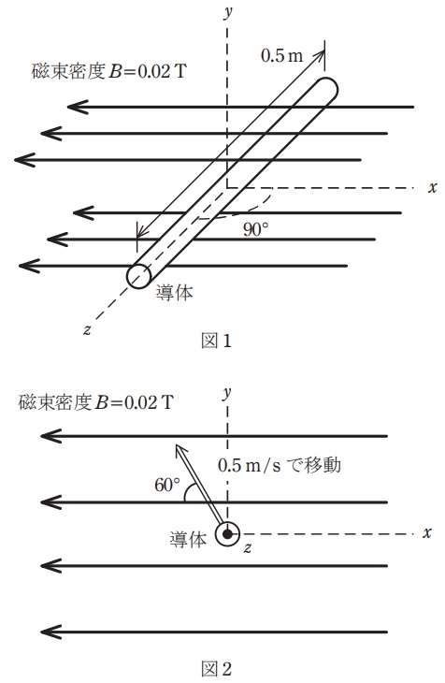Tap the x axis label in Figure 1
432,187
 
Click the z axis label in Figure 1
86,327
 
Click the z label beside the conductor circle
247,546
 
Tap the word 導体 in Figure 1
174,292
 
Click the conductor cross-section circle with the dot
227,534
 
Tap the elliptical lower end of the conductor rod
139,275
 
